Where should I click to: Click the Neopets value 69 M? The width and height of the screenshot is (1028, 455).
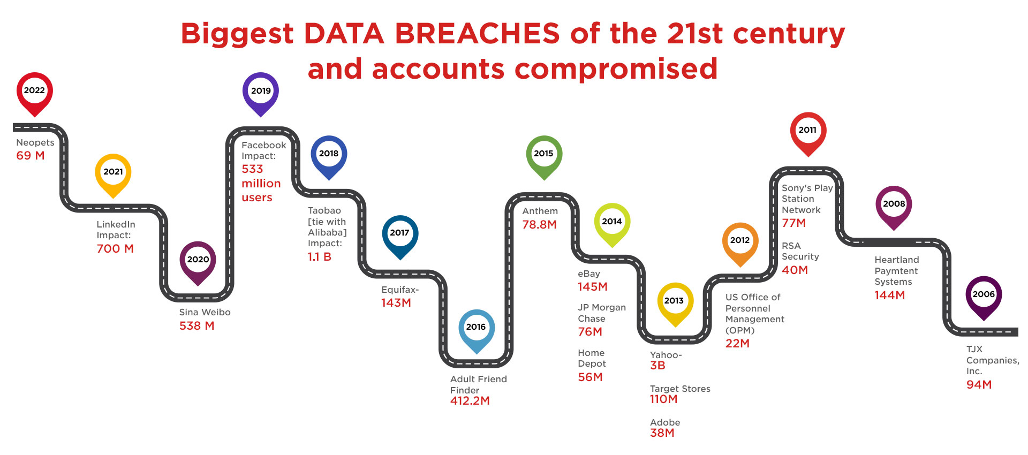(31, 156)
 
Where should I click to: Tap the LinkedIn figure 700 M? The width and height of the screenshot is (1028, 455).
(115, 249)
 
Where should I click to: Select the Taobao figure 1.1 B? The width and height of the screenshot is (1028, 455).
(320, 257)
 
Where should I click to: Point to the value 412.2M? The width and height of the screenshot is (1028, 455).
(470, 401)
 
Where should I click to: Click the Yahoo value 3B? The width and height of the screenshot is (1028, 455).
(657, 366)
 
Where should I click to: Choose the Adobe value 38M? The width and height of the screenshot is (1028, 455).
(662, 433)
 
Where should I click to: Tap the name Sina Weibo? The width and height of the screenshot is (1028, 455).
(205, 312)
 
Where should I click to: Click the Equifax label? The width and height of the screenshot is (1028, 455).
(400, 290)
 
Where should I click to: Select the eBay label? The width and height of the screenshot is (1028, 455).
(589, 274)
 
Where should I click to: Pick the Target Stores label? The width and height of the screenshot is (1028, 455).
(680, 389)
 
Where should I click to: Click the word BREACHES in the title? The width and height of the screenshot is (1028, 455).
(477, 34)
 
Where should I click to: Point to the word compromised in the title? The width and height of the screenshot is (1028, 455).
(616, 70)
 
